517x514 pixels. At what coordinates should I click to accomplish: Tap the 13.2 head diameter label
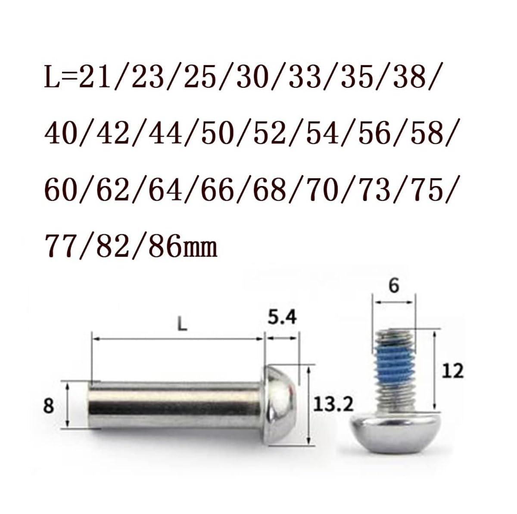[x=333, y=405]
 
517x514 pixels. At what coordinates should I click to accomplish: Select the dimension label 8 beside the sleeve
[x=49, y=406]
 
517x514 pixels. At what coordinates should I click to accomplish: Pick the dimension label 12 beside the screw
[x=452, y=371]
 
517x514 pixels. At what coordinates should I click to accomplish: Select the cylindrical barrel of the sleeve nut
[x=177, y=405]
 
